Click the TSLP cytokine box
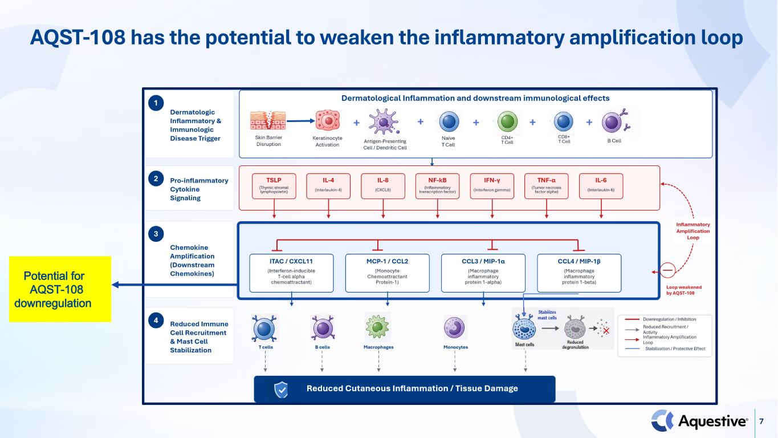(274, 186)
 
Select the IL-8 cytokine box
(383, 186)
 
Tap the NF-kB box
(437, 186)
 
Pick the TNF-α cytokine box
(547, 186)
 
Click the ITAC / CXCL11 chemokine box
(291, 273)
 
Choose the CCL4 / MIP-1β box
(579, 273)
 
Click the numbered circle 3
(156, 234)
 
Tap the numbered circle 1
(156, 103)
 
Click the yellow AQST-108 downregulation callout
(60, 289)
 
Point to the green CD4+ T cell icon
(507, 121)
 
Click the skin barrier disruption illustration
(268, 120)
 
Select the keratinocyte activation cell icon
(327, 121)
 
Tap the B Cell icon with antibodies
(616, 121)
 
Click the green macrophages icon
(377, 327)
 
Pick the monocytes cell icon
(455, 327)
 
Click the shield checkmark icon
(281, 390)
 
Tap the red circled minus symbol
(667, 270)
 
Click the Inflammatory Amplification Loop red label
(693, 231)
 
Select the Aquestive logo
(699, 421)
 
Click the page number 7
(761, 421)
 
